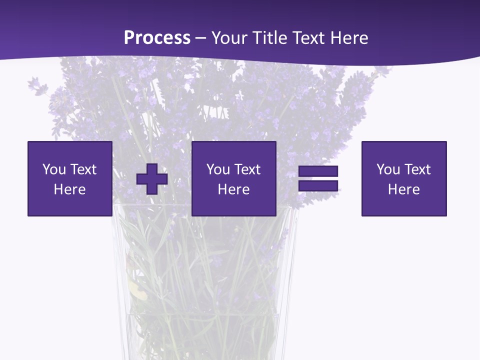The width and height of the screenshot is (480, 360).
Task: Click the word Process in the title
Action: tap(157, 38)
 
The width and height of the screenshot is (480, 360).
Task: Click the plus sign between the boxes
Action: tap(152, 179)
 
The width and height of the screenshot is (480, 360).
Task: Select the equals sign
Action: tap(318, 178)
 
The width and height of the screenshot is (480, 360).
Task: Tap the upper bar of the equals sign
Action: tap(318, 171)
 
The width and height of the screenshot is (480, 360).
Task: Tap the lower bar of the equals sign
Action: tap(318, 185)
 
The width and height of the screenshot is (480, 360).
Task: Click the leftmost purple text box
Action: tap(69, 178)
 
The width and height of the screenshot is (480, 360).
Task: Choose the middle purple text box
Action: tap(233, 178)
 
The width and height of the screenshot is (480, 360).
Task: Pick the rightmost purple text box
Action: tap(403, 178)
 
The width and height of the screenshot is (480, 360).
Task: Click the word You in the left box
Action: tap(54, 169)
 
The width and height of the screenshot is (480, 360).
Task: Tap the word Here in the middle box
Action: tap(233, 189)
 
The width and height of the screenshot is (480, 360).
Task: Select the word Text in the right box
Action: tap(416, 169)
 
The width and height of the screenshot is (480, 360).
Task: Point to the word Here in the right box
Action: tap(403, 189)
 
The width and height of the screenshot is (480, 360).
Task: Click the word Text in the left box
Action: tap(82, 169)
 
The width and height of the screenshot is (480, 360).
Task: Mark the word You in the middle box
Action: tap(218, 169)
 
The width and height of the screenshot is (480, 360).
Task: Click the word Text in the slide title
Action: tap(308, 38)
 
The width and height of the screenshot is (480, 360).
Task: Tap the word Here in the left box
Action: tap(69, 189)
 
